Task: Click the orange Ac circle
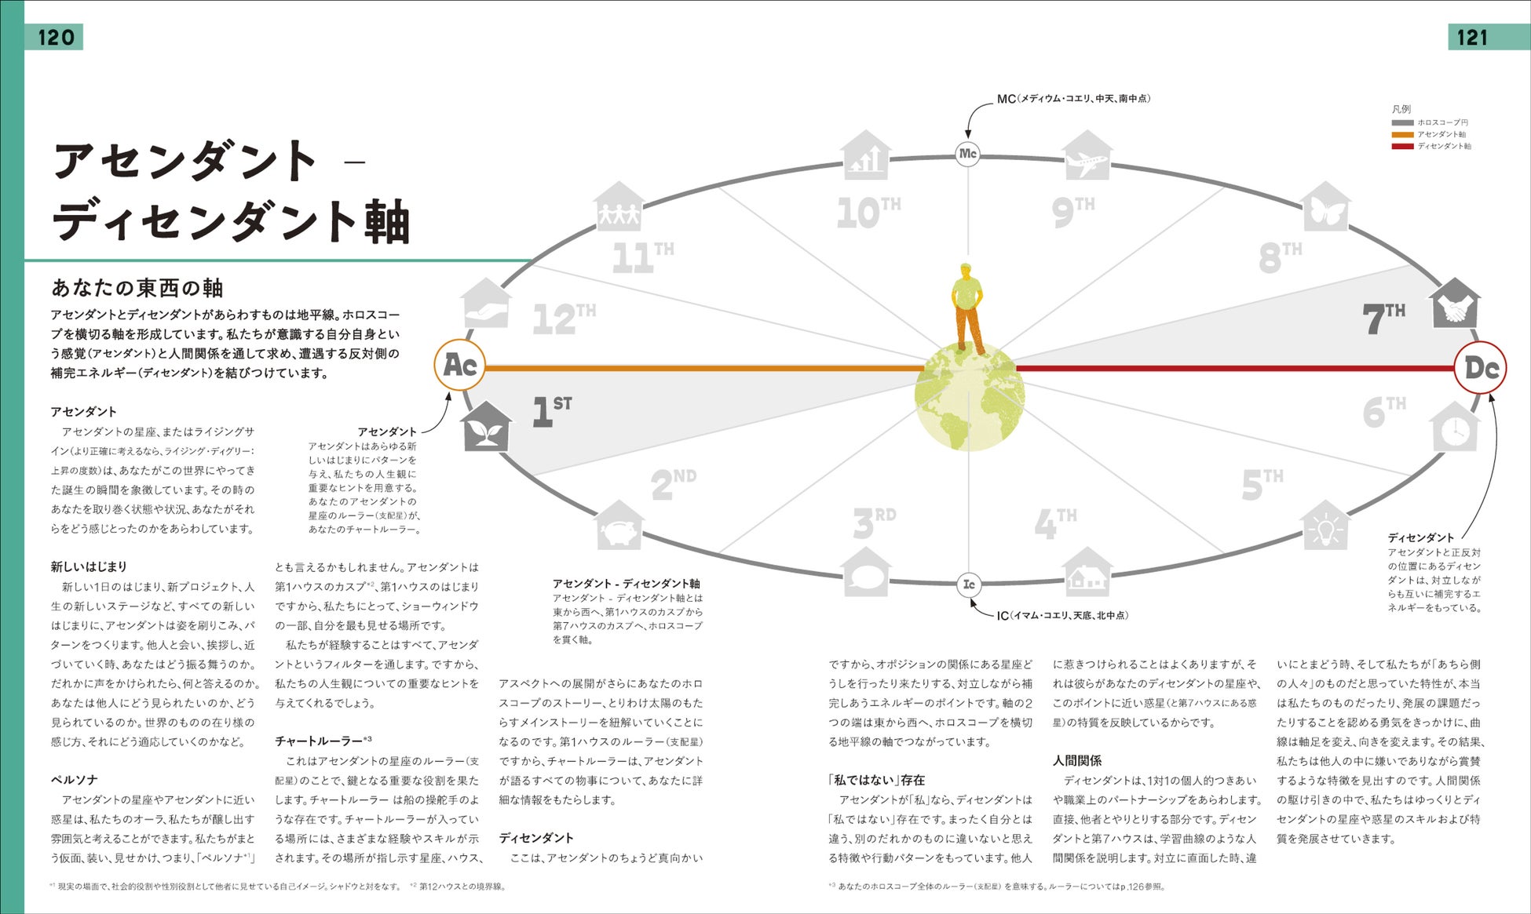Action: coord(460,366)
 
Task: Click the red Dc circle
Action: coord(1480,368)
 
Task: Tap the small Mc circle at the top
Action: coord(967,154)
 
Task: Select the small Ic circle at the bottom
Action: coord(969,584)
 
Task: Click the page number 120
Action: coord(56,37)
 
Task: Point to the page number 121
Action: coord(1472,37)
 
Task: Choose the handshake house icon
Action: coord(1455,304)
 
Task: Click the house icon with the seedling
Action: coord(487,427)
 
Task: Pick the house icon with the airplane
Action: coord(1087,157)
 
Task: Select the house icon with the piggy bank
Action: coord(619,526)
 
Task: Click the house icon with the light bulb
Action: coord(1325,526)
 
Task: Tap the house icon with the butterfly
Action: coord(1325,207)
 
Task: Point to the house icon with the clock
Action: coord(1455,428)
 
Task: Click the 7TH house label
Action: coord(1383,318)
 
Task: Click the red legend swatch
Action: coord(1402,146)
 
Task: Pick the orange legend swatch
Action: coord(1402,134)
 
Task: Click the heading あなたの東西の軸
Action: coord(137,288)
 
